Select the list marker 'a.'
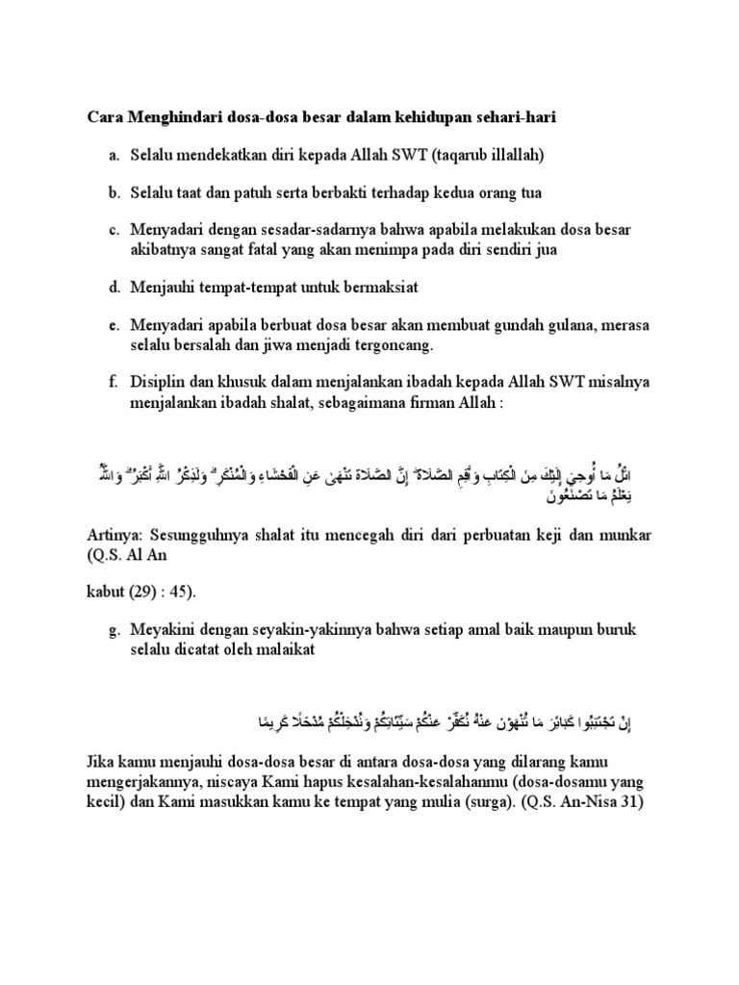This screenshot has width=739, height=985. click(114, 155)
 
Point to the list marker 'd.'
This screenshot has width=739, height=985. click(114, 287)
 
